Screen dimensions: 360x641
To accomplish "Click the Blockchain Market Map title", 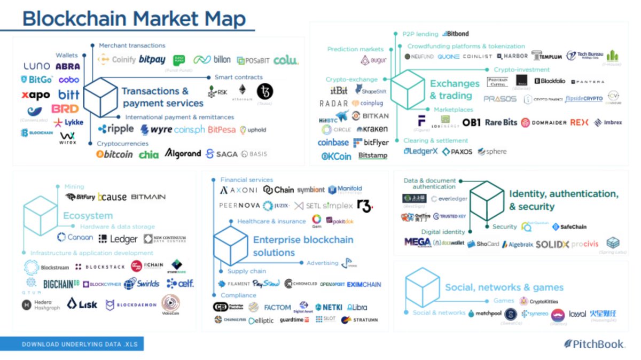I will click(x=134, y=19).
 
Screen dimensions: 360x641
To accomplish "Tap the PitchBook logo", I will click(x=594, y=345).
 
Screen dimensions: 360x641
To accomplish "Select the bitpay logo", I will click(x=152, y=60).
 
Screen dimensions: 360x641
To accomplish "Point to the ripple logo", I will click(x=116, y=129).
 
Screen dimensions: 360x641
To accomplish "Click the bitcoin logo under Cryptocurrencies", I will click(x=114, y=154).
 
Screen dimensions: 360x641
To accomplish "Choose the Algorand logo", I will click(x=183, y=154).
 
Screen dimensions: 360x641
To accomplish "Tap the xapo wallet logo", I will click(x=36, y=96).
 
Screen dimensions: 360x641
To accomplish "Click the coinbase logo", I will click(x=333, y=143).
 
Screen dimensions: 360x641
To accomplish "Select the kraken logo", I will click(x=372, y=129).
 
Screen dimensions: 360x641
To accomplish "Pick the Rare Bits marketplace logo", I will click(x=501, y=122).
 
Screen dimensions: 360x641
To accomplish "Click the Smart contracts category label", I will click(x=239, y=77).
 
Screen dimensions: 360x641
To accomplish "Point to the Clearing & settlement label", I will click(x=435, y=140).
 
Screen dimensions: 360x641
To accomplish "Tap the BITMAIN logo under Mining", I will click(x=148, y=197).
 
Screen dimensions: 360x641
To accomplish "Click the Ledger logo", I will click(x=118, y=239).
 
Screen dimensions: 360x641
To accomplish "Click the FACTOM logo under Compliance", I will click(x=277, y=308).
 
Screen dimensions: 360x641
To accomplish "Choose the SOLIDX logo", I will click(x=552, y=244).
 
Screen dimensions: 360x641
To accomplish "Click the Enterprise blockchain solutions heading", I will click(x=303, y=246).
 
